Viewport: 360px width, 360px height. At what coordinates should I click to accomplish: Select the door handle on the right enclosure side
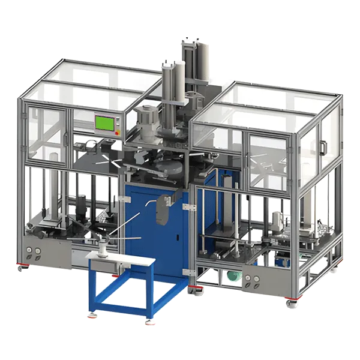323,146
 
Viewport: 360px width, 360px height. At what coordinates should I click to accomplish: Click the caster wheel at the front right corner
291,302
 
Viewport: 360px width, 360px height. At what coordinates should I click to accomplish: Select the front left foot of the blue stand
92,313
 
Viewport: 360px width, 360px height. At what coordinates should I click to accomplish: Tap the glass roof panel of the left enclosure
90,78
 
